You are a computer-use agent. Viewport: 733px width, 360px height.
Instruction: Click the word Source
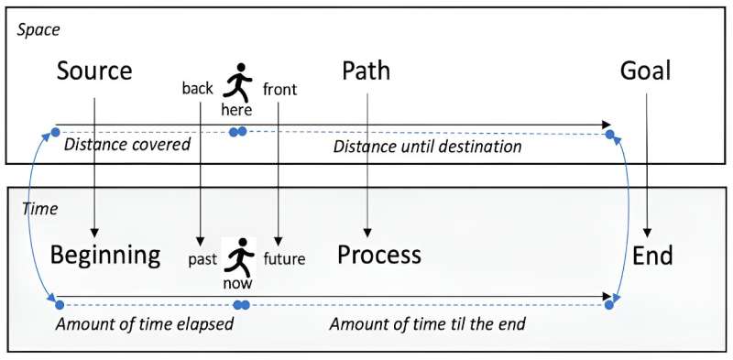coord(94,71)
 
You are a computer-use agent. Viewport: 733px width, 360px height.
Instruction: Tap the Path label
coord(367,71)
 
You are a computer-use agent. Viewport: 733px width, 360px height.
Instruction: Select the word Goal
coord(646,71)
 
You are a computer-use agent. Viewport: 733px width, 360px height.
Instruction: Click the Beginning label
coord(105,255)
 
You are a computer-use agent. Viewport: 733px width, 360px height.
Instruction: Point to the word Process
coord(379,255)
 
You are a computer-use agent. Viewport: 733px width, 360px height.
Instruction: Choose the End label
coord(652,255)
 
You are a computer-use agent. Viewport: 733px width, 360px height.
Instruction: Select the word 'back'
coord(198,89)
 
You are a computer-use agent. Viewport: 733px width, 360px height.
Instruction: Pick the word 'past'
coord(202,259)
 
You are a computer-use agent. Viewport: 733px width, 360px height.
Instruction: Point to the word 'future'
coord(284,259)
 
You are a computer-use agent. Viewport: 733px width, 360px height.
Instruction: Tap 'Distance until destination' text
coord(427,146)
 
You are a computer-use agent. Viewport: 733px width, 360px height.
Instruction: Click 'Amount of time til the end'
coord(428,324)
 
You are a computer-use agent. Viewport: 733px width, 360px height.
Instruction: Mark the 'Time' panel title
coord(39,209)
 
